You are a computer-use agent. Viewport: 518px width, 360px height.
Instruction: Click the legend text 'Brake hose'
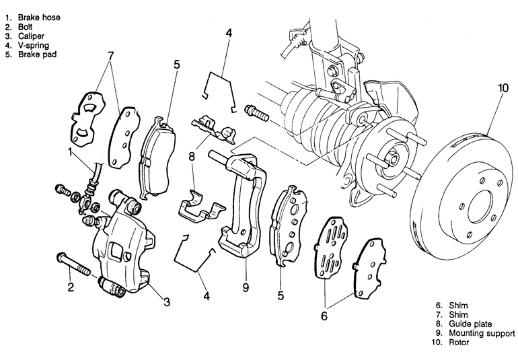pos(39,17)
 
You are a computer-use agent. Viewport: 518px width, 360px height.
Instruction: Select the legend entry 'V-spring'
pos(34,45)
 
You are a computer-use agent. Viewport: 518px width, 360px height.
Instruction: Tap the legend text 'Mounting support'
pos(482,333)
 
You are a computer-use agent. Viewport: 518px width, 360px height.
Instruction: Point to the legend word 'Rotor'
pos(459,342)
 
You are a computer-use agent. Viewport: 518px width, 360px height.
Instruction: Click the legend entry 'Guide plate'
pos(470,324)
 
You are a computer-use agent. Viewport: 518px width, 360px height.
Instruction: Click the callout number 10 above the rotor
pos(503,88)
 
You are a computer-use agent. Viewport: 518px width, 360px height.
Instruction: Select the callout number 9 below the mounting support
pos(246,287)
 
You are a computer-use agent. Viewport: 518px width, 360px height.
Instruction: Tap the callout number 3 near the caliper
pos(167,301)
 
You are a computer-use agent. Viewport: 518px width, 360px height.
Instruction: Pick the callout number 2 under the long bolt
pos(71,287)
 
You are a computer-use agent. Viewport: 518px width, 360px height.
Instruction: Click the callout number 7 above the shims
pos(111,56)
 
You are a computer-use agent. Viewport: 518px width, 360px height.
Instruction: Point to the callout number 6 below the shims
pos(324,316)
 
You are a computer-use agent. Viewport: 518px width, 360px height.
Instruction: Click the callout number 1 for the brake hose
pos(70,151)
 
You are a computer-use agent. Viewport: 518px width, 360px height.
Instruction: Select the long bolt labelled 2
pos(74,264)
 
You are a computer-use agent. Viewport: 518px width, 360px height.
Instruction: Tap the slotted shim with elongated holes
pos(331,247)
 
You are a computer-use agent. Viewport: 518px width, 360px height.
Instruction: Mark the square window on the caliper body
pos(116,251)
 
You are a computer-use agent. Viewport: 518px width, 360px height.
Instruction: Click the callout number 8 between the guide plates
pos(192,156)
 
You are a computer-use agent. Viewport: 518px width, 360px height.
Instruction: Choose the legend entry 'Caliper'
pos(31,36)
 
